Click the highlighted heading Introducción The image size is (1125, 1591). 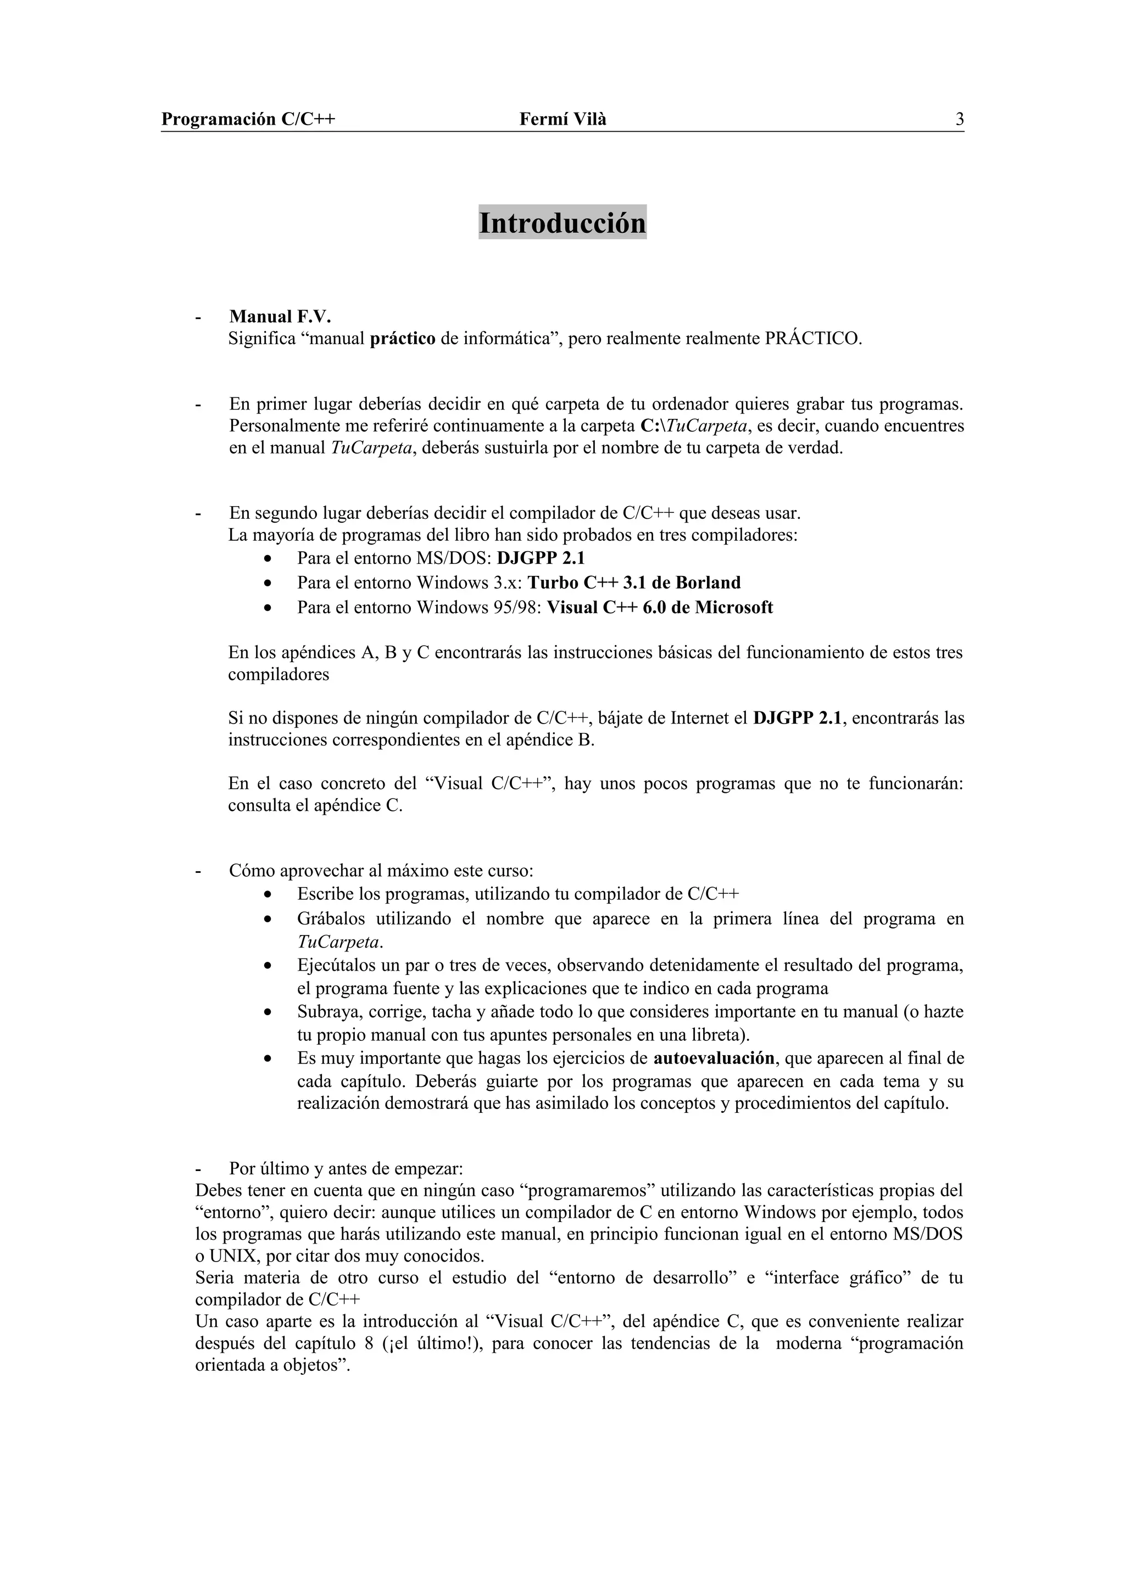point(562,223)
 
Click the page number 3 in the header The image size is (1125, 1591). point(959,120)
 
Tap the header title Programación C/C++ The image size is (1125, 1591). point(248,120)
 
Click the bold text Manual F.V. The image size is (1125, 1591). point(280,317)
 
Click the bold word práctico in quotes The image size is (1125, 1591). point(403,339)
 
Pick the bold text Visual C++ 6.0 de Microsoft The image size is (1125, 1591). point(659,608)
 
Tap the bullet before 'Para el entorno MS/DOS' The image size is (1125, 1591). point(268,558)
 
